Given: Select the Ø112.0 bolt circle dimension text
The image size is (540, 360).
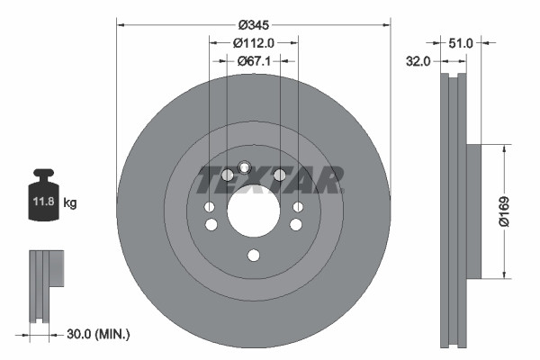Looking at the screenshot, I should [253, 42].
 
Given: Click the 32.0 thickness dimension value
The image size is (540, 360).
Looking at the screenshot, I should [418, 61].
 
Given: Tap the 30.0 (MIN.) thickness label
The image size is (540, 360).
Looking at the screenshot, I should [100, 334].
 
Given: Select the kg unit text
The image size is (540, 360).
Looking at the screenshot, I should [70, 203].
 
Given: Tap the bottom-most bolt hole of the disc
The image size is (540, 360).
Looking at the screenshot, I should [253, 256].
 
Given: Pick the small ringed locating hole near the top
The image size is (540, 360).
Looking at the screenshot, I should [243, 165].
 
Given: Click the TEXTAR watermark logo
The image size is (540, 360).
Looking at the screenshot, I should [270, 181].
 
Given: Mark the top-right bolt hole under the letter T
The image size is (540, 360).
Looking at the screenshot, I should [279, 175].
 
